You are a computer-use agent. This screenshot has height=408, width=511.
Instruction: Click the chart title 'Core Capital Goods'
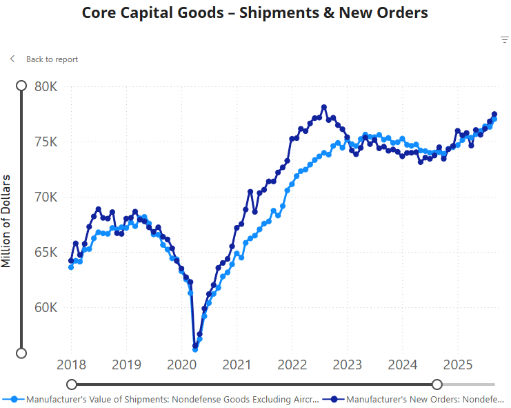point(254,13)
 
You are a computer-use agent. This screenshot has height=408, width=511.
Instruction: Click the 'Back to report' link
point(52,59)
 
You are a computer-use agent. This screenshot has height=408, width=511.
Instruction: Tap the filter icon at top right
point(504,40)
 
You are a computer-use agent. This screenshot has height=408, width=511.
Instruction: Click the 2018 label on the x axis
point(70,365)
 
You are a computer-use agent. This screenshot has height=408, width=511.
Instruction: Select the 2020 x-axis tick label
point(181,365)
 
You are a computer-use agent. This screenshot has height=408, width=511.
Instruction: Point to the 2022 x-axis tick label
point(292,365)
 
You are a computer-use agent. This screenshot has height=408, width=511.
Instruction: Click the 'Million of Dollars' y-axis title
point(6,221)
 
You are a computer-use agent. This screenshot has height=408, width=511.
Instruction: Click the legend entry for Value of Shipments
point(166,399)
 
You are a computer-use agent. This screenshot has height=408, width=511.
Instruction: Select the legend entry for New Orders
point(417,399)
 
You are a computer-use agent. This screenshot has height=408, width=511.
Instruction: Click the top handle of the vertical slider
point(21,86)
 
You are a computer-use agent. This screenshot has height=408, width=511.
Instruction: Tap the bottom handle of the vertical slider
point(21,353)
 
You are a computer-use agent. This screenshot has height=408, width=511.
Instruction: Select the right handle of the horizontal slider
point(437,385)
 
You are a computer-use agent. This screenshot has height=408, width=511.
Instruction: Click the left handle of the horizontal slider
point(72,385)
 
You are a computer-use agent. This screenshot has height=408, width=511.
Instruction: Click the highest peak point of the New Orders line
point(324,108)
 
